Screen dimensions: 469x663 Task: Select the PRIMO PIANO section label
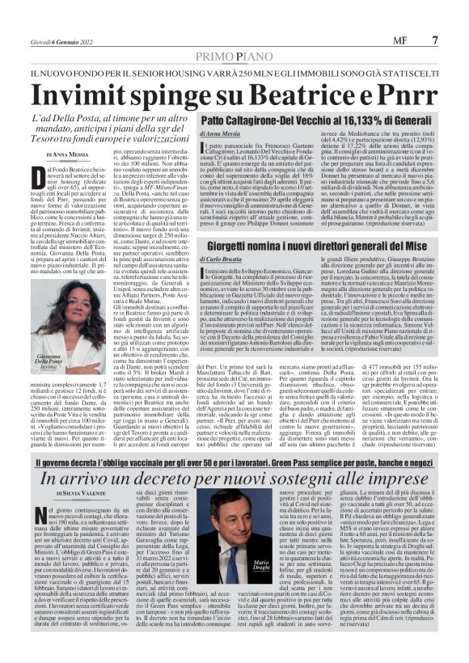tap(234, 58)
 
